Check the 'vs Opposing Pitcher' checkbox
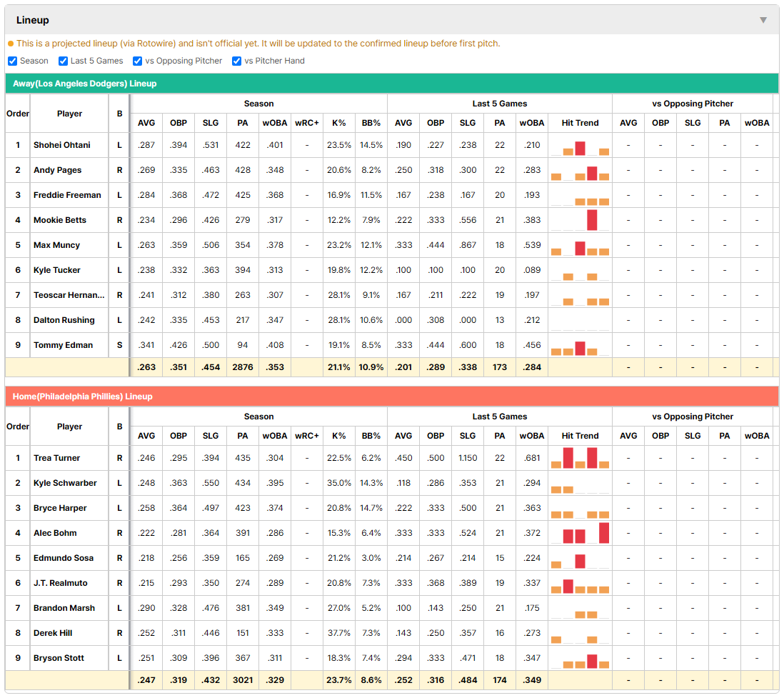click(137, 61)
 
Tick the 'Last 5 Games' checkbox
click(63, 61)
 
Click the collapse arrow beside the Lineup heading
click(763, 20)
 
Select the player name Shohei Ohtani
click(62, 145)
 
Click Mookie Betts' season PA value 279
click(243, 220)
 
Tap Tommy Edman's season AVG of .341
click(146, 345)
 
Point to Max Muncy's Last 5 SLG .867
click(468, 245)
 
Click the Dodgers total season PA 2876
click(243, 367)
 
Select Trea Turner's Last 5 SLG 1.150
click(468, 458)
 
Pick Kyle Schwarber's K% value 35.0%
click(339, 483)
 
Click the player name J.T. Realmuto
click(61, 583)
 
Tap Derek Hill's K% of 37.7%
click(339, 633)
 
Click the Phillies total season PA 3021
click(243, 680)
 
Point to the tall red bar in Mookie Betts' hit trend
click(592, 220)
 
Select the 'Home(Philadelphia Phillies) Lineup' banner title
click(83, 397)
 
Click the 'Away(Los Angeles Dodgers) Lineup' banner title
click(84, 84)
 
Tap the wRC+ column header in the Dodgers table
click(307, 123)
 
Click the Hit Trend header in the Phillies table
click(580, 436)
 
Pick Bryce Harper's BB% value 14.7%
click(371, 508)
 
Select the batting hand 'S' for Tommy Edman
click(119, 345)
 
